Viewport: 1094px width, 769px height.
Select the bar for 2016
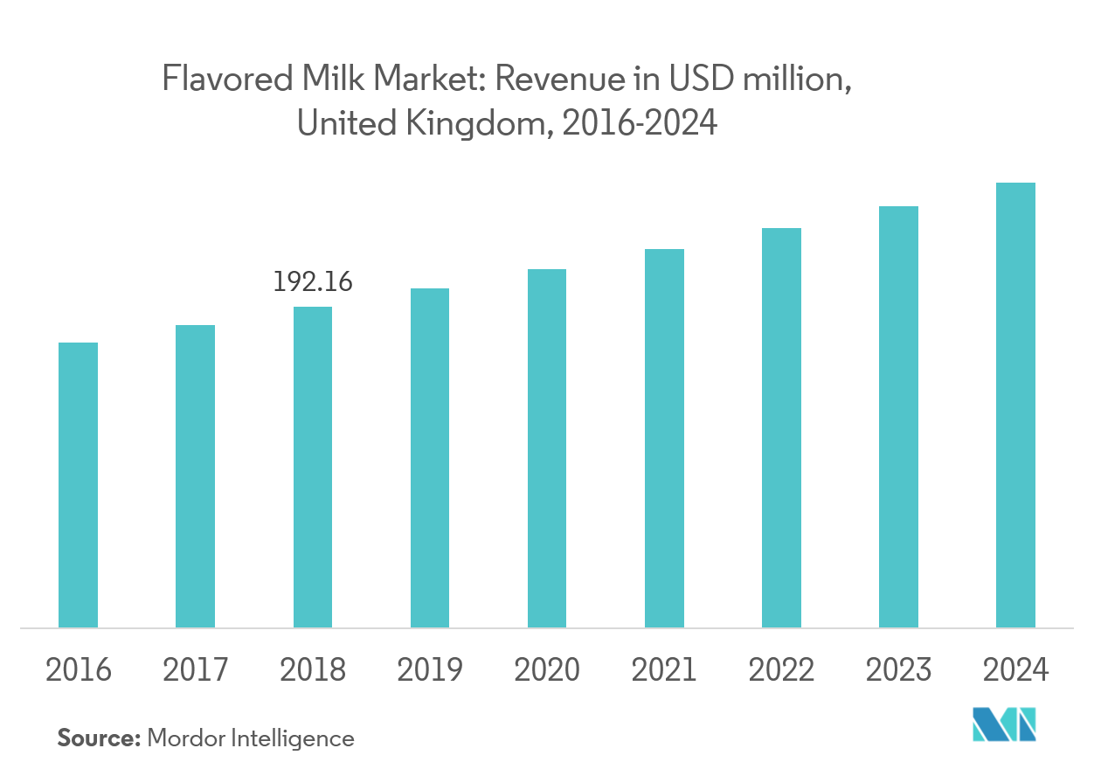click(78, 485)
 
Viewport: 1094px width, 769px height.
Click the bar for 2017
click(195, 476)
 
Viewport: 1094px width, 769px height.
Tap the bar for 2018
click(312, 467)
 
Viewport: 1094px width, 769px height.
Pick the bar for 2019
click(429, 458)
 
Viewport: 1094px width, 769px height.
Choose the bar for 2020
click(546, 448)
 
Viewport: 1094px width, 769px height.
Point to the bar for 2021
click(664, 438)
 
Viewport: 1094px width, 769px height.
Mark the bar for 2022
click(781, 427)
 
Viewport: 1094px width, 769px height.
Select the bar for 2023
click(898, 417)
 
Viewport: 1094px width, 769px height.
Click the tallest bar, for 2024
click(1015, 405)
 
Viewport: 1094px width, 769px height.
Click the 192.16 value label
click(312, 282)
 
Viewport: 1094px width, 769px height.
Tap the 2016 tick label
click(78, 670)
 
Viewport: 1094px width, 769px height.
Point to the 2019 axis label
click(429, 670)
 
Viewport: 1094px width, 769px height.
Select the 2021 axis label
click(664, 670)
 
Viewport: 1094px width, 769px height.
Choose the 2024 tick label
click(1015, 670)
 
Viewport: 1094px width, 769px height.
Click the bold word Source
click(99, 738)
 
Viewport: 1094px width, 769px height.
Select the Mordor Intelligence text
click(251, 738)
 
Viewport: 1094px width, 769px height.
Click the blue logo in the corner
click(1005, 724)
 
